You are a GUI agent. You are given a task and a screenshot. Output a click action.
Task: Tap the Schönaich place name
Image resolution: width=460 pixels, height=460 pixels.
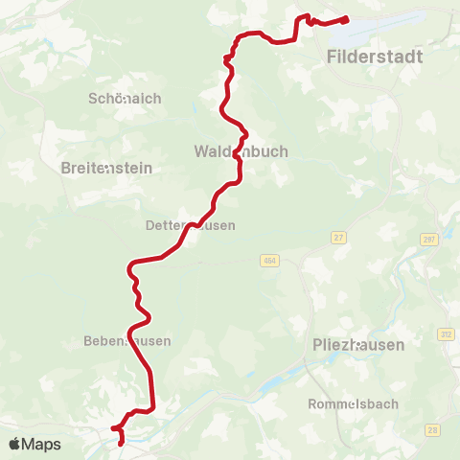click(125, 99)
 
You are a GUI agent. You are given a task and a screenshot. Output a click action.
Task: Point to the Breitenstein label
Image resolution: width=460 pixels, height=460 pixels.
click(106, 167)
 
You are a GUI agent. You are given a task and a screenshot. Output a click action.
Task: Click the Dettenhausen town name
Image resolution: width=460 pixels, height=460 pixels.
click(190, 225)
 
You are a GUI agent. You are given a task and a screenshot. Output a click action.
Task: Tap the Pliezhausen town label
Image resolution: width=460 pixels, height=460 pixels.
click(358, 344)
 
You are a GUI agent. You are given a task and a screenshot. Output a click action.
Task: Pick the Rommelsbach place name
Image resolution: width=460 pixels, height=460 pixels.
click(354, 403)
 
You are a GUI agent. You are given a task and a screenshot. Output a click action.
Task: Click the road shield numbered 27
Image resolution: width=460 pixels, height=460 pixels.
click(338, 236)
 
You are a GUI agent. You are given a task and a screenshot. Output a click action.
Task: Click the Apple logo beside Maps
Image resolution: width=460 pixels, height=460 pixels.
click(15, 445)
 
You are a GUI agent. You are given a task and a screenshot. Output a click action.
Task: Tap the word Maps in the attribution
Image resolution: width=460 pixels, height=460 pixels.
click(42, 445)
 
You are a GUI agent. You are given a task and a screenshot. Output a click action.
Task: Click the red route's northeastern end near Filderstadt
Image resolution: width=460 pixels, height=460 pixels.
click(346, 19)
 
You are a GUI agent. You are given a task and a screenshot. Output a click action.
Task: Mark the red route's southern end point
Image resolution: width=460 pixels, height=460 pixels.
click(121, 444)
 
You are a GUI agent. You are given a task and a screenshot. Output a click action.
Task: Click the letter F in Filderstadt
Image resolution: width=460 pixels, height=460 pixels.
click(332, 57)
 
